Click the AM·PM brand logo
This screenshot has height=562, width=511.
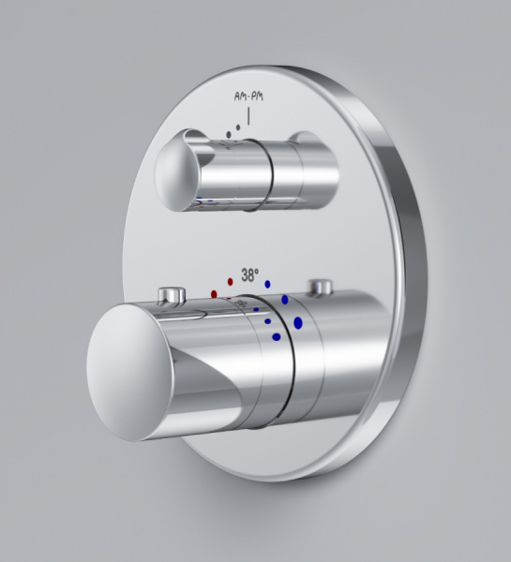click(248, 96)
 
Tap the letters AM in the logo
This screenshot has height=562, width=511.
click(241, 96)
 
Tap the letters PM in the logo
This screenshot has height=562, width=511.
click(257, 96)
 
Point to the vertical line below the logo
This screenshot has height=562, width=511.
click(248, 116)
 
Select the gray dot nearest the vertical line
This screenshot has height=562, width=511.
click(238, 127)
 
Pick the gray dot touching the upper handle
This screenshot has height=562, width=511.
click(229, 134)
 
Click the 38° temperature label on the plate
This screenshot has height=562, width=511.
click(249, 275)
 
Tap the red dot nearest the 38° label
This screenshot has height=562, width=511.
click(231, 282)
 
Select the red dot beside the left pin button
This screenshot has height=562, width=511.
click(214, 294)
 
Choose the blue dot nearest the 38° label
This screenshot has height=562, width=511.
click(267, 284)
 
